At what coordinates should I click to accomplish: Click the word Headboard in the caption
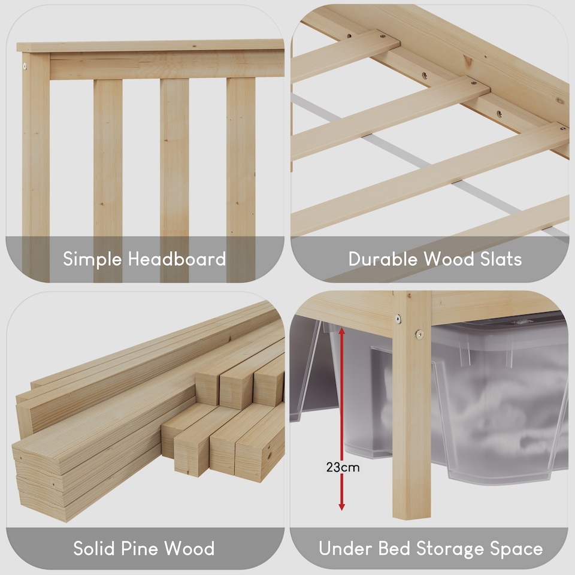point(177,259)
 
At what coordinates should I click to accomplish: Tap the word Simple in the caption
point(93,259)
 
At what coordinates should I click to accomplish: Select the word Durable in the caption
point(383,259)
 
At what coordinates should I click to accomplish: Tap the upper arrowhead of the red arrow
point(342,329)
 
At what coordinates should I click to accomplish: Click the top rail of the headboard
point(150,46)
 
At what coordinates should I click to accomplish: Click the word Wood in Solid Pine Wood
point(189,549)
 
